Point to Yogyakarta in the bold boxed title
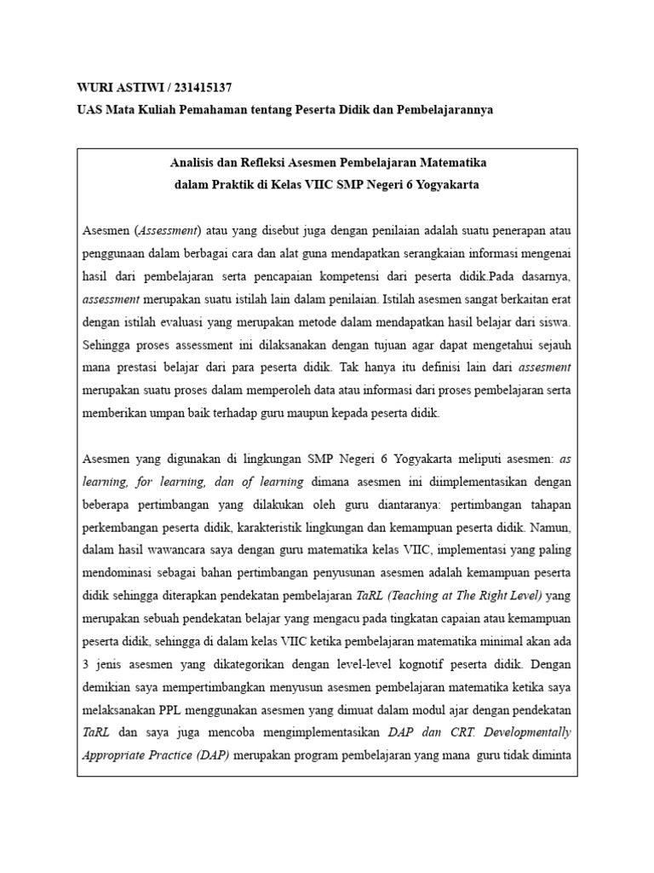coord(449,184)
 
